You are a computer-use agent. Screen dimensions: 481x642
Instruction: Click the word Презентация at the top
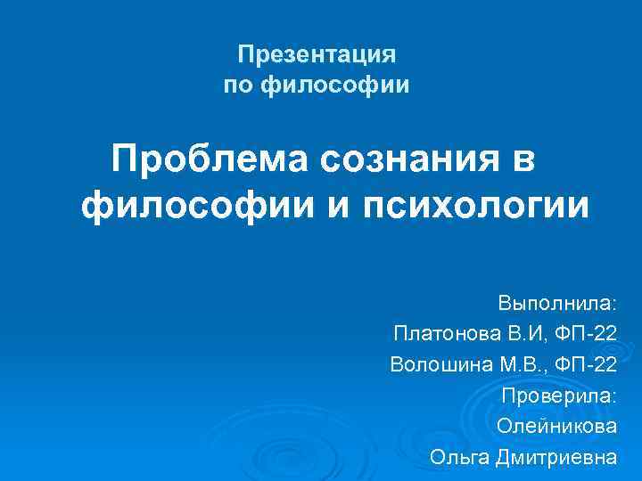(316, 55)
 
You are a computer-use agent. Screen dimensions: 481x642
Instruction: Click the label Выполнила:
(557, 303)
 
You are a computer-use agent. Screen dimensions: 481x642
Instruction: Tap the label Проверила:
(559, 395)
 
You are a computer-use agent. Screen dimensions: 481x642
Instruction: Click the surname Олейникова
(556, 426)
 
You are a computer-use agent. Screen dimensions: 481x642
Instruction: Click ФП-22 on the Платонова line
(583, 334)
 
